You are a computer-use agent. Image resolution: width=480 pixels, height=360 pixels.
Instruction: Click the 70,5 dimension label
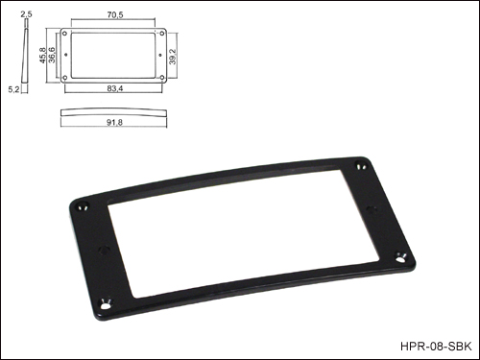[115, 14]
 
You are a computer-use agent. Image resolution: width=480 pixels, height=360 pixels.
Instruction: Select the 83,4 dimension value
[115, 88]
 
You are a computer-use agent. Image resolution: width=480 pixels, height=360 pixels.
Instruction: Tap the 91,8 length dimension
[114, 122]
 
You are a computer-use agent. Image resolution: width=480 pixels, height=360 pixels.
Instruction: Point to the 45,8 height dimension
[43, 55]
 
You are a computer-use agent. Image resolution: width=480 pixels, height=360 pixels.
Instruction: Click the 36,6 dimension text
[51, 55]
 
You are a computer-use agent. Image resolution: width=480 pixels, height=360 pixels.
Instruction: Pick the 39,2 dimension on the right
[173, 57]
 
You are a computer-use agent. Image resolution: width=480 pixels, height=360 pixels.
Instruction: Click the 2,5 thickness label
[26, 14]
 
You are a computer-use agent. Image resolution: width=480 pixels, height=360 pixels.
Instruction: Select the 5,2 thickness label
[13, 89]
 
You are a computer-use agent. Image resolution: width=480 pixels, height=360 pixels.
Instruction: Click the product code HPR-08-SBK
[436, 347]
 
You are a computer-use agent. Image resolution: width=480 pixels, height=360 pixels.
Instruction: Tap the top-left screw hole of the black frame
[84, 206]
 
